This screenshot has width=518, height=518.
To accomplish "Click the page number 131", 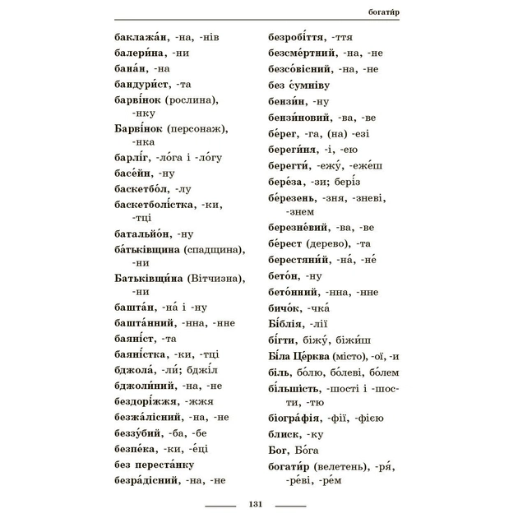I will coord(254,503).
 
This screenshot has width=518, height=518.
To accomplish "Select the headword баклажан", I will coord(141,37).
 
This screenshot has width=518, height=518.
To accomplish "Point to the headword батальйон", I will coord(144,233).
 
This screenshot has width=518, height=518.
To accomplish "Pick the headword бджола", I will coord(136,368).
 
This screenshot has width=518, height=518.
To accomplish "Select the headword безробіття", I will coord(298,37).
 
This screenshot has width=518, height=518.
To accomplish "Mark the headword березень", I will coord(297,198).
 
